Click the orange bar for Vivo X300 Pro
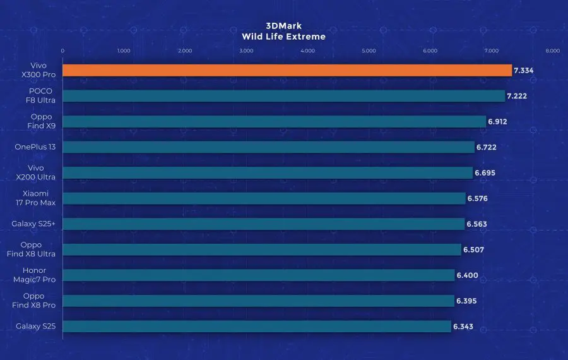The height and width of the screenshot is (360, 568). pyautogui.click(x=287, y=70)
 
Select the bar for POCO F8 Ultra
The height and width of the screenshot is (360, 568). pyautogui.click(x=284, y=96)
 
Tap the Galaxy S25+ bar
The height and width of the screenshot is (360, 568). pyautogui.click(x=264, y=224)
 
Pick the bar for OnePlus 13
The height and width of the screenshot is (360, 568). pyautogui.click(x=269, y=147)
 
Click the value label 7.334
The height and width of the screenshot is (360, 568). pyautogui.click(x=524, y=71)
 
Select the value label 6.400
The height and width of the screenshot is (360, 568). pyautogui.click(x=468, y=275)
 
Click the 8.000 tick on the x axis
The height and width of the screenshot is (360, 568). pyautogui.click(x=552, y=51)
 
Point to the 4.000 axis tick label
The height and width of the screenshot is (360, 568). pyautogui.click(x=307, y=51)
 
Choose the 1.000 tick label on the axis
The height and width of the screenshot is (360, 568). pyautogui.click(x=124, y=51)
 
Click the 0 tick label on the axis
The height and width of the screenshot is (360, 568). pyautogui.click(x=62, y=51)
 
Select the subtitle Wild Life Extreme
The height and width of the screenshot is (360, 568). pyautogui.click(x=283, y=37)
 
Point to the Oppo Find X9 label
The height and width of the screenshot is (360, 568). pyautogui.click(x=41, y=121)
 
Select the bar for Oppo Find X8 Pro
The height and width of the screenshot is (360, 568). pyautogui.click(x=259, y=301)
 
